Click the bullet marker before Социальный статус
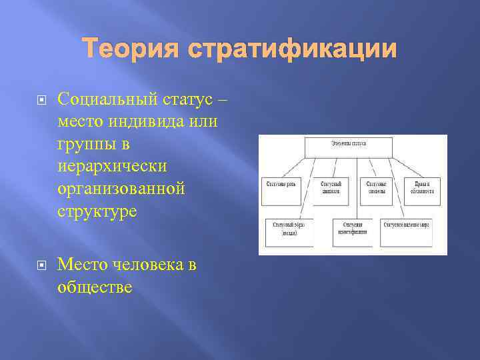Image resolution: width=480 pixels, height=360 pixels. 41,100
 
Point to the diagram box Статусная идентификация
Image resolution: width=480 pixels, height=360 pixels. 352,231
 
